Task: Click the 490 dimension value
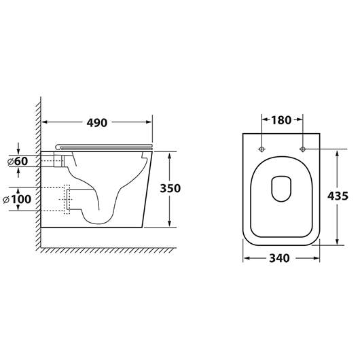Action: click(97, 123)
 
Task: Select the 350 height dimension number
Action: click(170, 188)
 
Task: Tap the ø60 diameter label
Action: click(18, 161)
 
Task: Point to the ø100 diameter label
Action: click(17, 199)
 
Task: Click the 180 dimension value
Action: click(281, 120)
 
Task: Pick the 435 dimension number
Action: click(338, 196)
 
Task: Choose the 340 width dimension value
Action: click(279, 258)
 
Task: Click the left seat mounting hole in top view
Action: click(262, 149)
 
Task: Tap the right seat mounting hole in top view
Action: click(302, 149)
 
